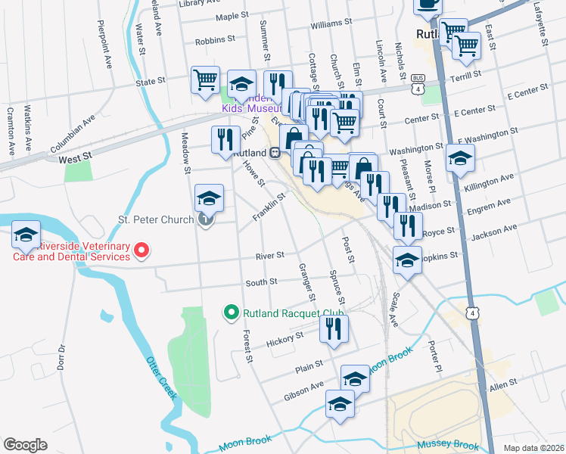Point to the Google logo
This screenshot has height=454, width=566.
[x=24, y=445]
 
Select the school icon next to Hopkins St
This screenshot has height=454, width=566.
[x=407, y=260]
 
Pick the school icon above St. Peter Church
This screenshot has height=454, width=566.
[x=210, y=198]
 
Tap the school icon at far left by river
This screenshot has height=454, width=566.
[x=26, y=235]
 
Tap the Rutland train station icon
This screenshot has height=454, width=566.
[x=277, y=151]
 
